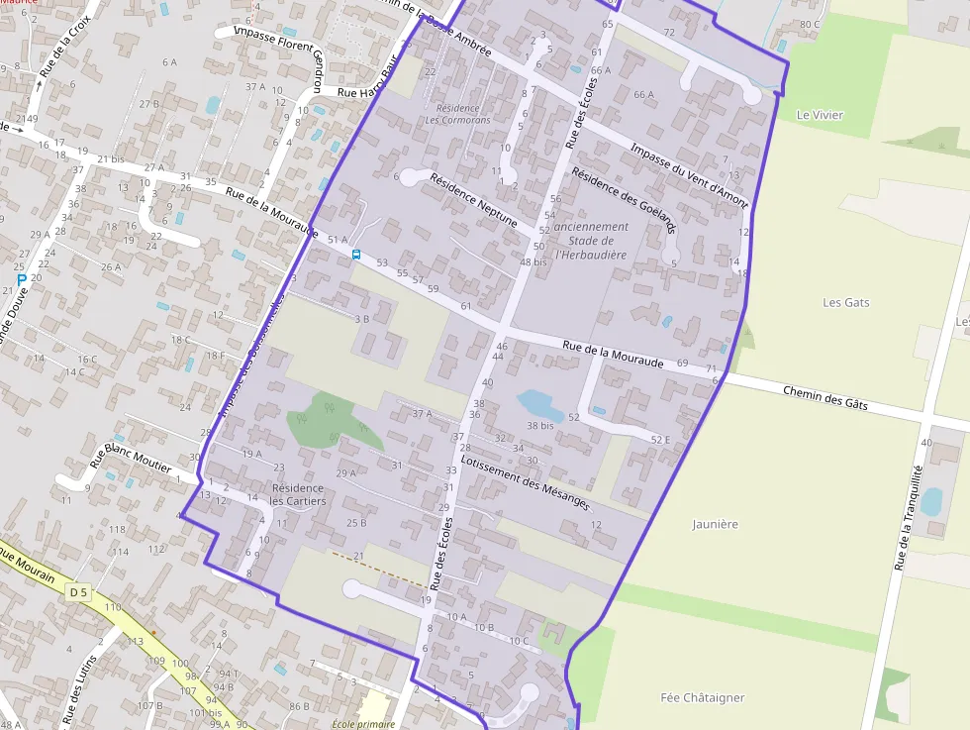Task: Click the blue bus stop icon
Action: point(356,255)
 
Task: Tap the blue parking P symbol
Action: point(21,280)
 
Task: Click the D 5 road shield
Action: point(78,592)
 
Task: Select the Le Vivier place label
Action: point(821,115)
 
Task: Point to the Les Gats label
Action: point(846,302)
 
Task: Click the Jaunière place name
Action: point(716,524)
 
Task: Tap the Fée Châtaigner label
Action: point(702,697)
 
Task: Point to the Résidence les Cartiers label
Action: point(297,494)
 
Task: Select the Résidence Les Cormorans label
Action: point(457,114)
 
